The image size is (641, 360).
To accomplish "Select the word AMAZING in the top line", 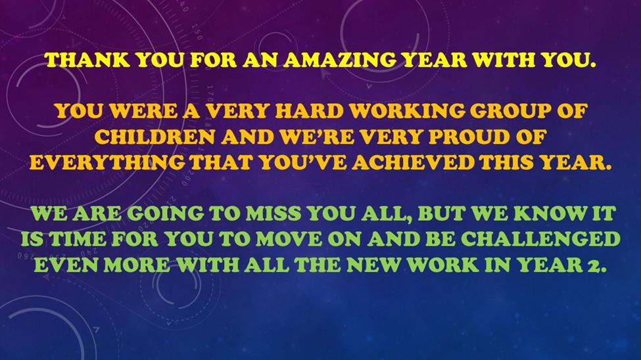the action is point(339,60).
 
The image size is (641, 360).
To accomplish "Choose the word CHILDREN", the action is point(155,137).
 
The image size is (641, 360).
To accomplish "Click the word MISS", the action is point(274,214).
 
